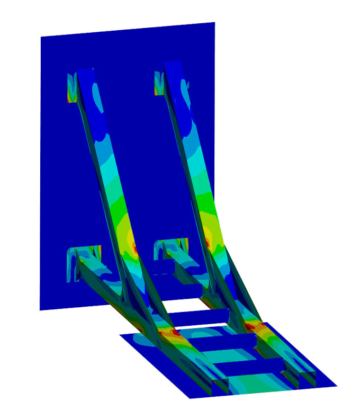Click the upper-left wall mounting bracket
[x=71, y=87]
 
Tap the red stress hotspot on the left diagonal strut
[x=136, y=248]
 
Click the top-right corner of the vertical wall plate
[x=214, y=23]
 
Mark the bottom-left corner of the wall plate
[x=41, y=309]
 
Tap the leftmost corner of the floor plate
[x=121, y=335]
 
